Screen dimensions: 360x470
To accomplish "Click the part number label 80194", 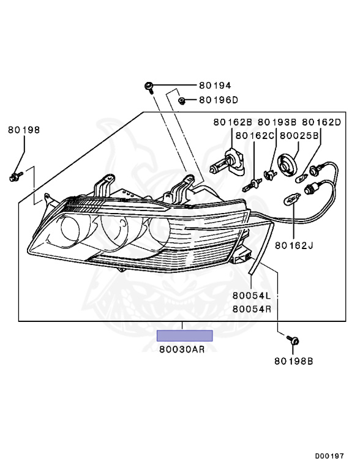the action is tap(215, 86).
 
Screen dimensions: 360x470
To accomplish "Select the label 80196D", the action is tap(219, 100).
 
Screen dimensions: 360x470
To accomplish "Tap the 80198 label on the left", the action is tap(24, 130).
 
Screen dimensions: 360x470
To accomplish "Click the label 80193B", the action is tap(277, 122).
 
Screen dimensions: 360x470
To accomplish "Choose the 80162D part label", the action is tap(321, 122).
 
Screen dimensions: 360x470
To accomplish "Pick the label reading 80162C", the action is tap(255, 136).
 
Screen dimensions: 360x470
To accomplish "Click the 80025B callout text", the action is tap(299, 136).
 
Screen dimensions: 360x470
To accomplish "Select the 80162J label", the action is tap(294, 245).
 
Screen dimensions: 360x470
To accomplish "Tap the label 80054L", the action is tap(252, 296).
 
